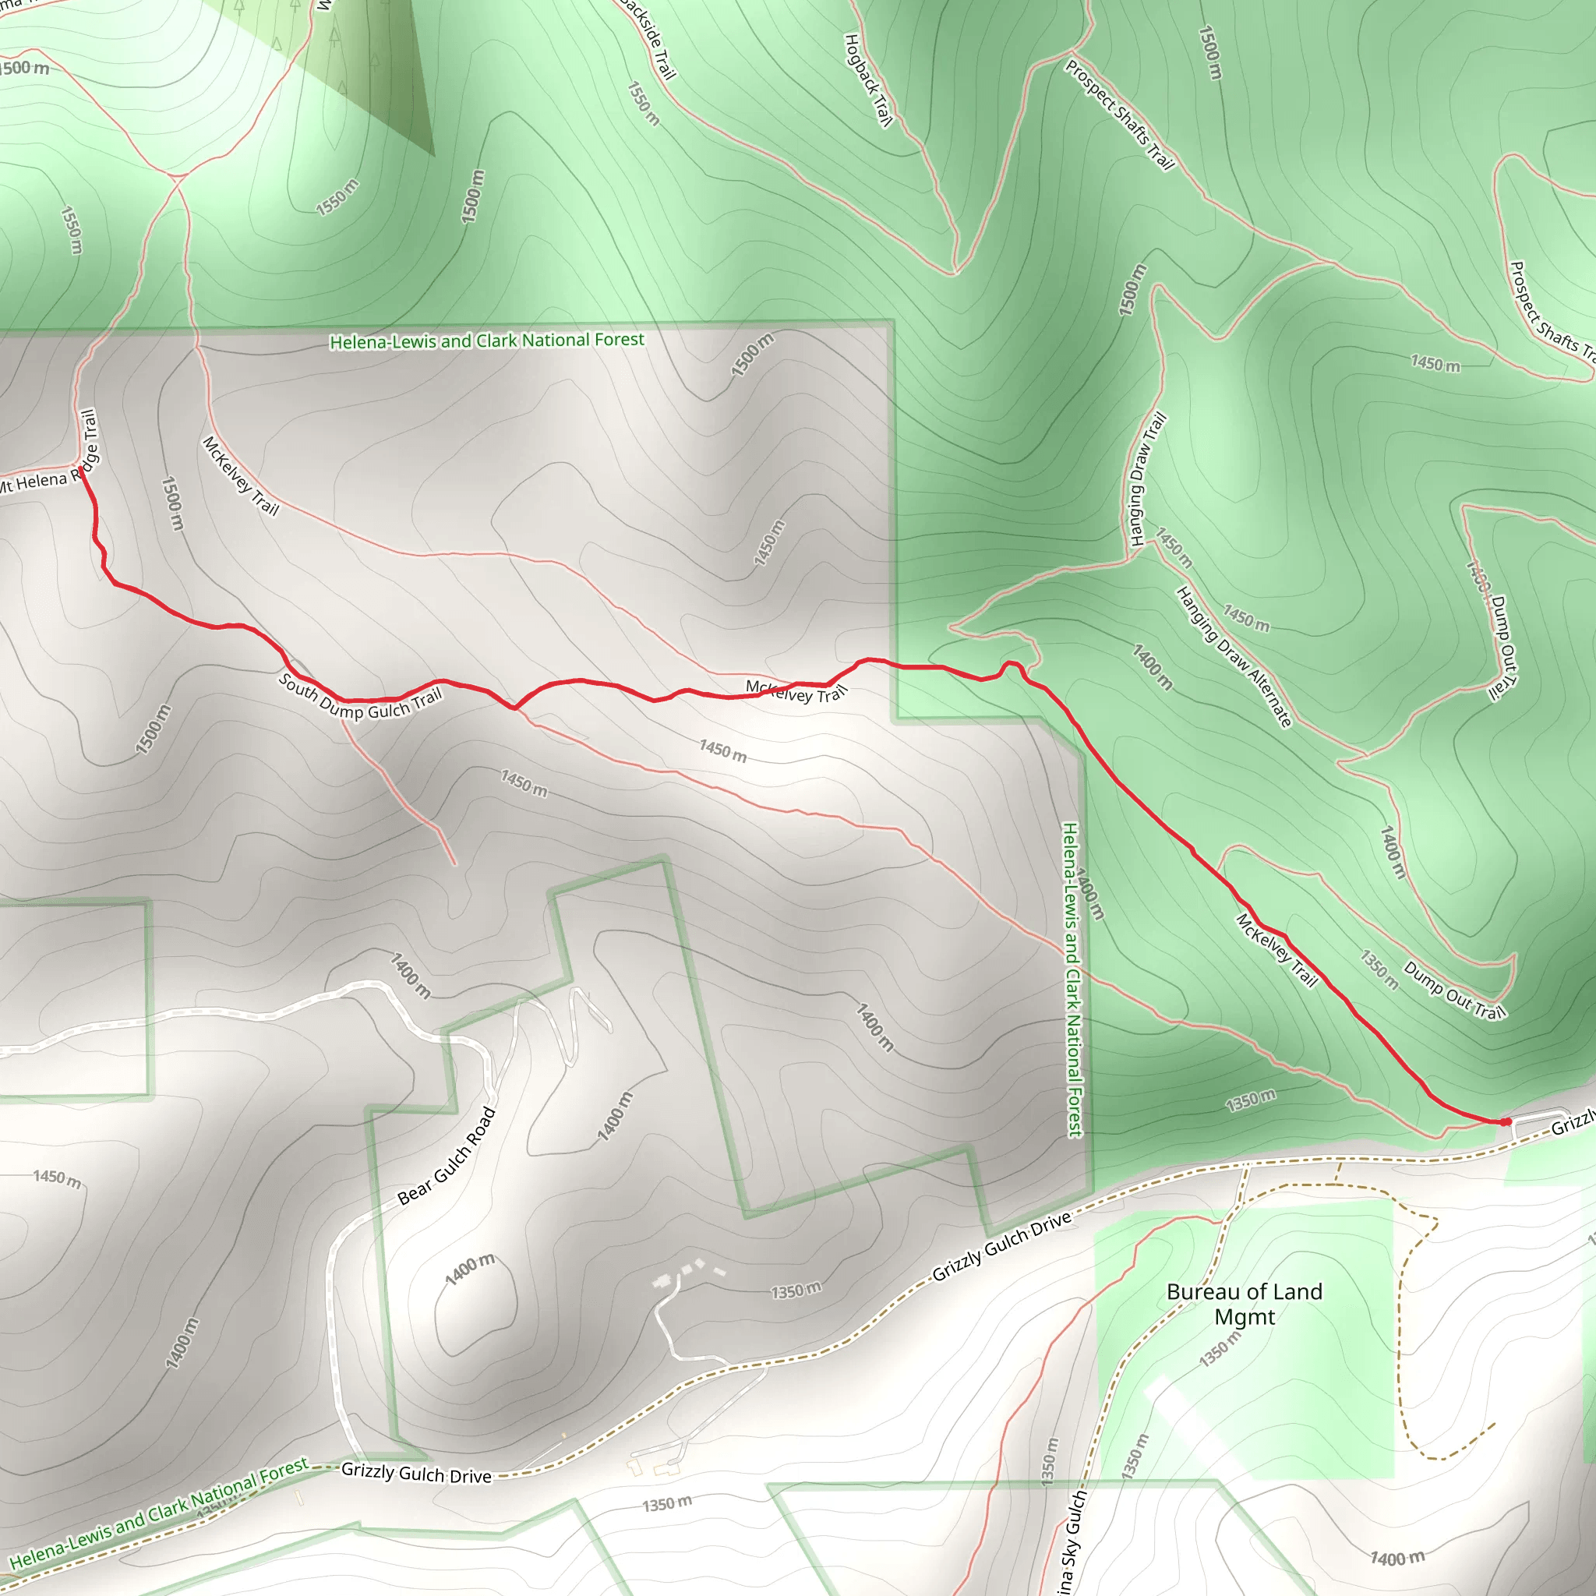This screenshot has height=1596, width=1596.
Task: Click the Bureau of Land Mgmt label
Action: (x=1244, y=1304)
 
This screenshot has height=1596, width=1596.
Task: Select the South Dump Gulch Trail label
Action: (x=360, y=697)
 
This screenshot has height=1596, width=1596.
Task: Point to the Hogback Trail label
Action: (x=868, y=79)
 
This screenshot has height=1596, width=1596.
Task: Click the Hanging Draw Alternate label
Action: (x=1234, y=656)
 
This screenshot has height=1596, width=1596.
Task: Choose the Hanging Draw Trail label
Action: (x=1147, y=479)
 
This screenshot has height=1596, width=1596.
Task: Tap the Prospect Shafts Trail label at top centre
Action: (x=1119, y=114)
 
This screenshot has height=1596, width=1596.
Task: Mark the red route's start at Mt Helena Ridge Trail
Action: (x=81, y=471)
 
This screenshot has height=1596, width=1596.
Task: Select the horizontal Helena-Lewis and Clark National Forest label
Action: (x=486, y=341)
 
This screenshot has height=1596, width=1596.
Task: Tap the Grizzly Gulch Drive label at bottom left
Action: (x=415, y=1473)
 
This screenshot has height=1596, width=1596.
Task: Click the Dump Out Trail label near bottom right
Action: (x=1454, y=990)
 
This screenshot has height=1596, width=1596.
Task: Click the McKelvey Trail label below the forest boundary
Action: (x=239, y=476)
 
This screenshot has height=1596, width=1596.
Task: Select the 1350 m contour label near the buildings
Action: (x=796, y=1291)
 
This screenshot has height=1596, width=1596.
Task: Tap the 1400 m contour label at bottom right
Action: (x=1397, y=1558)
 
